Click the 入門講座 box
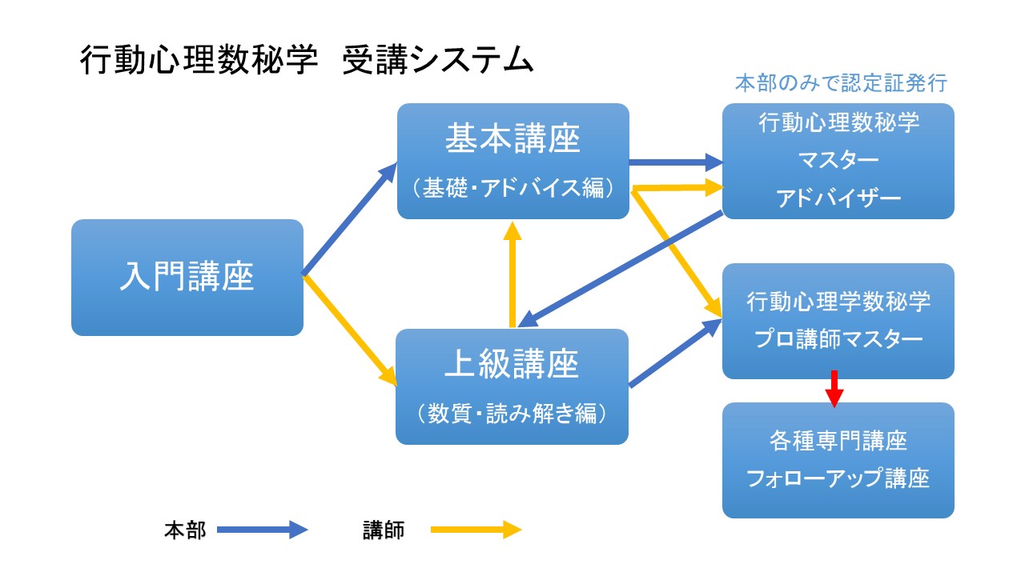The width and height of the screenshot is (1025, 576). (187, 278)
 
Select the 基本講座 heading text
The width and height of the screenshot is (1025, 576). (512, 138)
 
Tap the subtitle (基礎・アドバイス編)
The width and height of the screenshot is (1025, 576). (512, 187)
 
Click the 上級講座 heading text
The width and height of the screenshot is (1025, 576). (512, 364)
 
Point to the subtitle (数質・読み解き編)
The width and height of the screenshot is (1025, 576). (512, 413)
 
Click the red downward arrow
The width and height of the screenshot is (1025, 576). (834, 389)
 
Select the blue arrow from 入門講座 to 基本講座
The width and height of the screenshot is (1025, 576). (349, 219)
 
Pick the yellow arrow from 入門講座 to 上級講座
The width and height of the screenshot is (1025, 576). (349, 330)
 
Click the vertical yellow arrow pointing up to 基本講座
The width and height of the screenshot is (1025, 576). (512, 274)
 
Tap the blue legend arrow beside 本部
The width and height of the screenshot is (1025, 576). (262, 530)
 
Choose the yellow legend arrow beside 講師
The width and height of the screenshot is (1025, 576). (476, 530)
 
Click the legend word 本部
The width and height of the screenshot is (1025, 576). (185, 530)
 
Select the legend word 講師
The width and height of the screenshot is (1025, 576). (384, 530)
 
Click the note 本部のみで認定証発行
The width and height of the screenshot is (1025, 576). (841, 82)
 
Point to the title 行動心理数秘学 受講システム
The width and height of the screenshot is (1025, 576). (307, 60)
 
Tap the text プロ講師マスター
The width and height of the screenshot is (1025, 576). (838, 338)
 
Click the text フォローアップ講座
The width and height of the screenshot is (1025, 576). (838, 478)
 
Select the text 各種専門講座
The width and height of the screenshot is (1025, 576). (838, 441)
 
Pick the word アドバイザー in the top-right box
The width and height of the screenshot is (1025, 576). (838, 198)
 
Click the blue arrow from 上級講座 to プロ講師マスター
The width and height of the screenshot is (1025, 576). (675, 353)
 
